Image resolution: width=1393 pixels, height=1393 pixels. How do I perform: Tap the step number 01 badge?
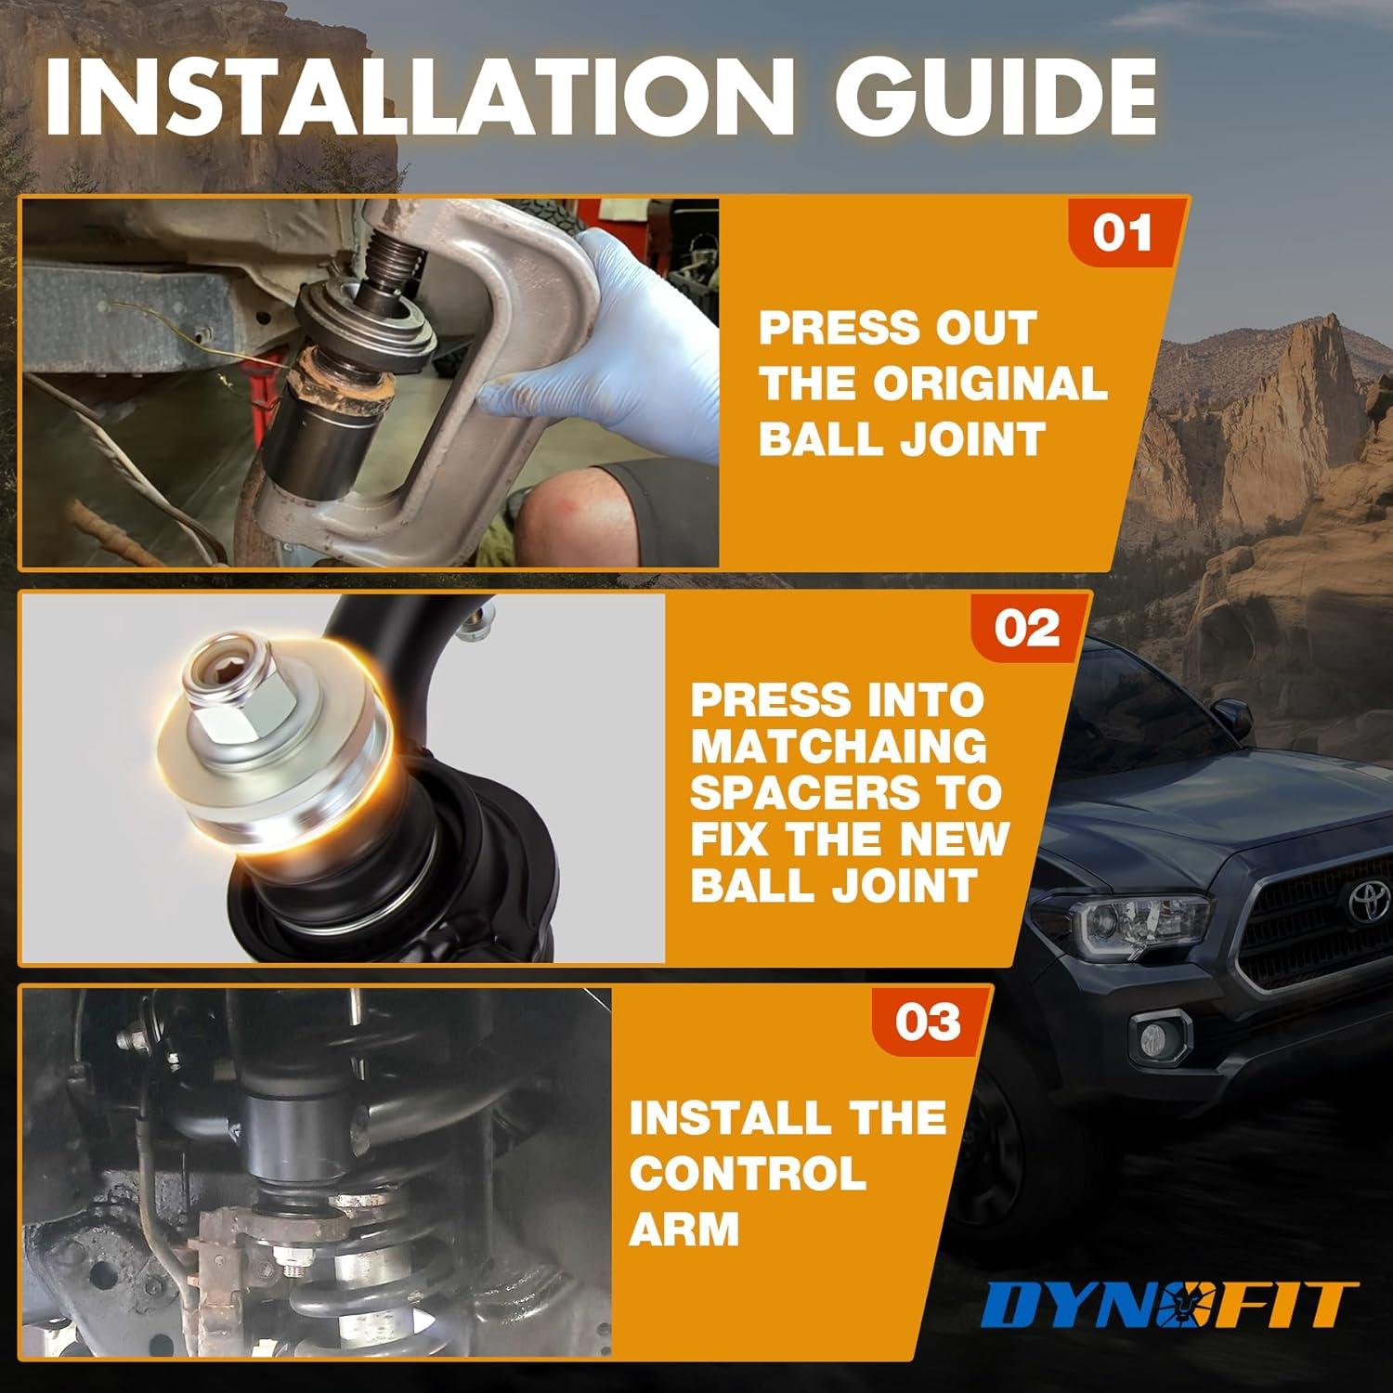point(1122,232)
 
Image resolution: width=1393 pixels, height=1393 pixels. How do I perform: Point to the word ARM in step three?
point(684,1229)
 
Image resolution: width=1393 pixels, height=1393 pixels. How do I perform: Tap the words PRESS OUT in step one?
point(897,328)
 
